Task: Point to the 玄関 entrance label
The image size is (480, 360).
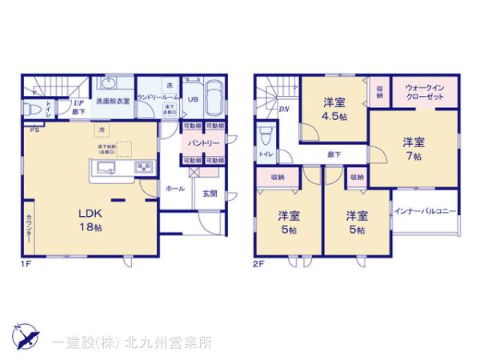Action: (x=209, y=193)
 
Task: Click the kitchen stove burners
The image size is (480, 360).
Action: (x=144, y=166)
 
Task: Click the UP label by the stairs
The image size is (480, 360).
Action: (x=78, y=103)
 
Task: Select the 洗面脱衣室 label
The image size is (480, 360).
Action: (x=113, y=102)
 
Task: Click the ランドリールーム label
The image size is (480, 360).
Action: (x=157, y=98)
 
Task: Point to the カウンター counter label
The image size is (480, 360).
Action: (x=28, y=228)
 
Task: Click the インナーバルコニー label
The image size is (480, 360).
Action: (x=425, y=211)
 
